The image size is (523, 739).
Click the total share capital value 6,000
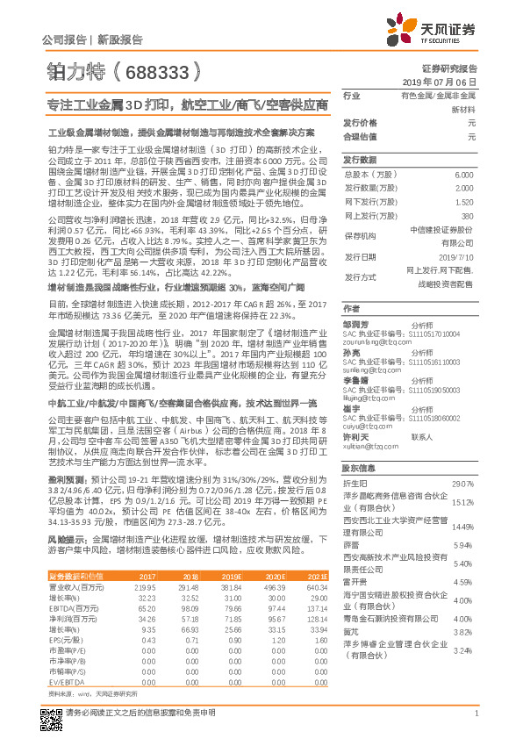coord(467,176)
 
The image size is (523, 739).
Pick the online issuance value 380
coord(469,215)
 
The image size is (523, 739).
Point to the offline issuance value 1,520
coord(466,202)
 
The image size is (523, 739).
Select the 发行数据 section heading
coord(358,160)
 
